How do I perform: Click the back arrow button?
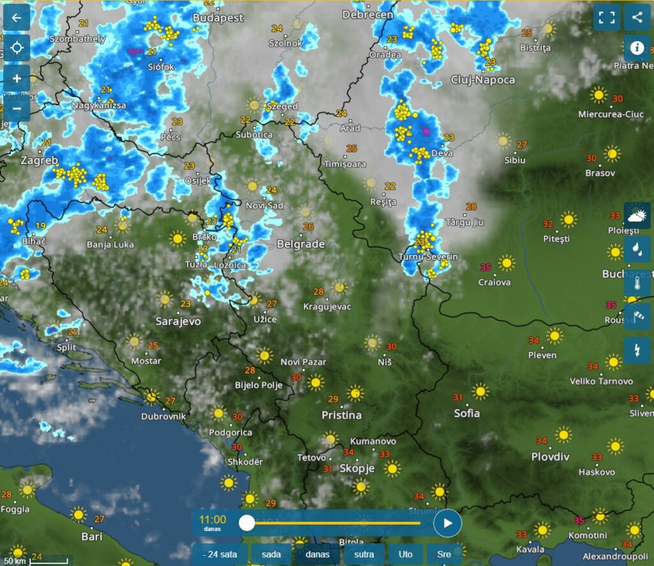tap(17, 17)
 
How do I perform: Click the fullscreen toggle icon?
tap(606, 17)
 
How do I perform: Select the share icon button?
tap(637, 17)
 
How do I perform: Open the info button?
tap(637, 48)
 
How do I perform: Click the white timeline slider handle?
tap(247, 523)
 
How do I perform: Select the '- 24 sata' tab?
tap(219, 554)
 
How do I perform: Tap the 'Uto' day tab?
tap(406, 554)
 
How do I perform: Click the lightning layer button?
tap(637, 350)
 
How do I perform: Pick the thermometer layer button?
tap(637, 283)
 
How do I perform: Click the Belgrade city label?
tap(301, 244)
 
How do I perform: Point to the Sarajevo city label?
tap(178, 321)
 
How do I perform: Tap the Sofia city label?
tap(467, 413)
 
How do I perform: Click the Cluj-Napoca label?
tap(482, 80)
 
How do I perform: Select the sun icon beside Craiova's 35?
tap(506, 263)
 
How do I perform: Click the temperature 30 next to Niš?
tap(392, 347)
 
